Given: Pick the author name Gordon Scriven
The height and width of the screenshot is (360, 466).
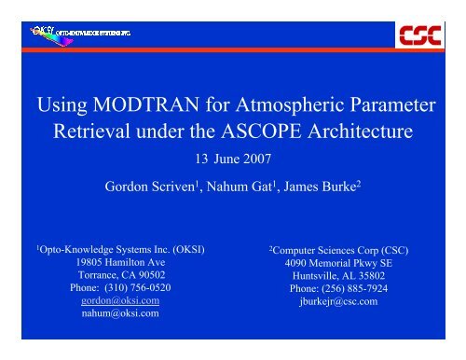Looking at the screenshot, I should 150,183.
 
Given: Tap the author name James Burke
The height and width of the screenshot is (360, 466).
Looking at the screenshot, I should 316,183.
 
